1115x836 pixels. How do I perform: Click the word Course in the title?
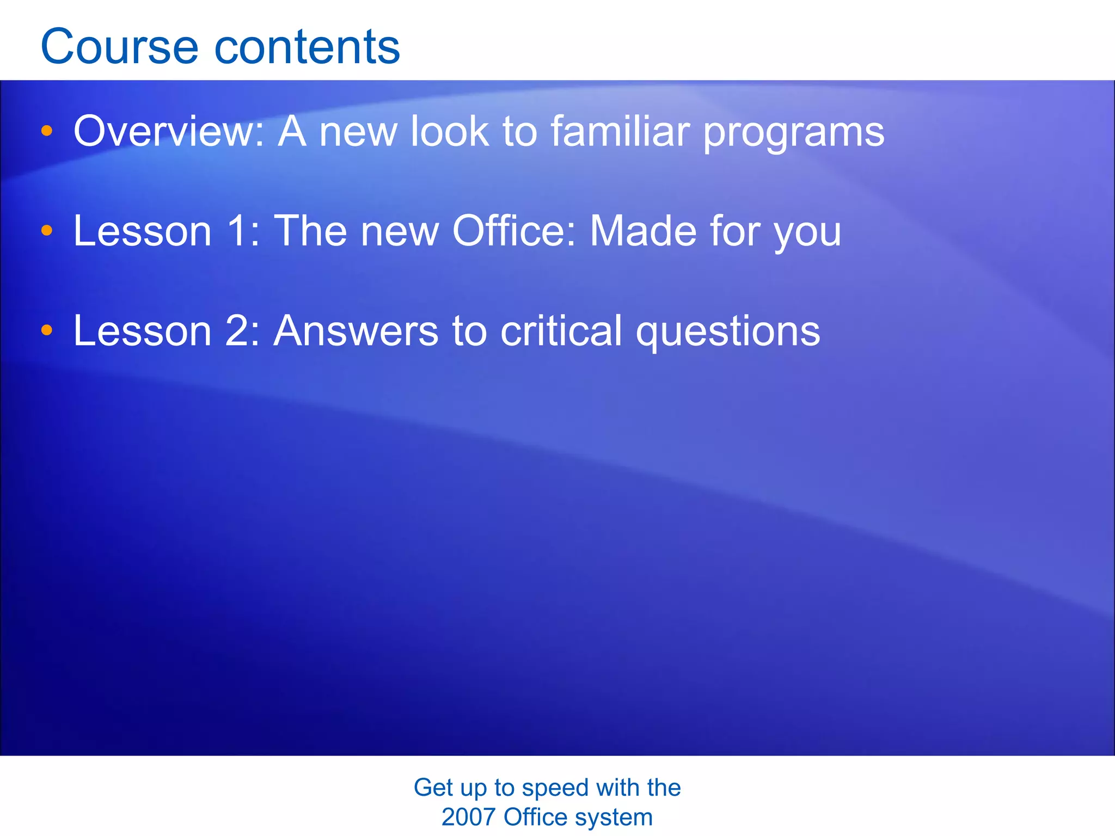119,47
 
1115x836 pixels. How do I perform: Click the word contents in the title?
307,47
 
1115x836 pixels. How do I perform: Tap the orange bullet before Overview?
47,131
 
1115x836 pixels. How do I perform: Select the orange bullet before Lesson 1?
47,230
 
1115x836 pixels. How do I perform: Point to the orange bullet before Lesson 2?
47,330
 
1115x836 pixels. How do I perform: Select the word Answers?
356,331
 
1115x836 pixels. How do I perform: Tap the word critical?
561,331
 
